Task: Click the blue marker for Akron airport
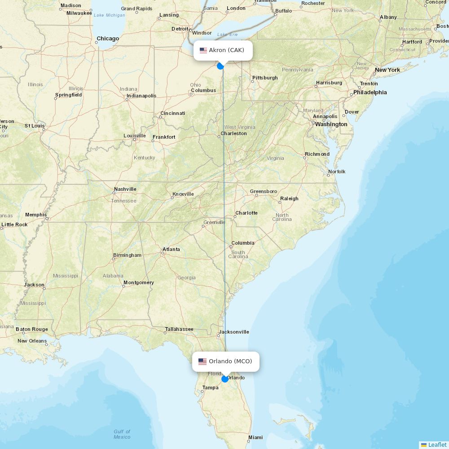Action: [220, 66]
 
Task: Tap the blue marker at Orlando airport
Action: [225, 379]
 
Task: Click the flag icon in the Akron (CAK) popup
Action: [203, 50]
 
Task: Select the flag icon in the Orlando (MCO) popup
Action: [202, 361]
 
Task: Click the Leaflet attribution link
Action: [437, 445]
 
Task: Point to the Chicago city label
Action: [108, 39]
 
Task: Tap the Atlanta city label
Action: [171, 249]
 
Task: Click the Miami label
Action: [256, 437]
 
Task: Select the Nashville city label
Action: [125, 189]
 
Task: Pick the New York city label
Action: [387, 70]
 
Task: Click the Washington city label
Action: [331, 124]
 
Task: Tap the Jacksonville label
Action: [233, 332]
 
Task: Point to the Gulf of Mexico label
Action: [122, 434]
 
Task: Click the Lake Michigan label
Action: [109, 15]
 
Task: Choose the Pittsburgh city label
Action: [265, 78]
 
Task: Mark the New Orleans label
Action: [32, 341]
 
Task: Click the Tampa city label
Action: [210, 387]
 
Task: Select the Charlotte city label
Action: [247, 213]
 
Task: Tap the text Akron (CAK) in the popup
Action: [226, 50]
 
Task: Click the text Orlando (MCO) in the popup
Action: [230, 361]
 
